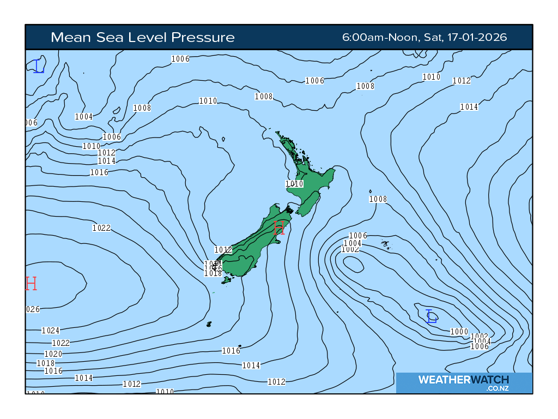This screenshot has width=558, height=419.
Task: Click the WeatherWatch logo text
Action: pyautogui.click(x=463, y=380)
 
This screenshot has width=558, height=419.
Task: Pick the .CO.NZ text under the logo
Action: pyautogui.click(x=498, y=389)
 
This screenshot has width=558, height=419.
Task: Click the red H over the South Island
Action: pyautogui.click(x=279, y=228)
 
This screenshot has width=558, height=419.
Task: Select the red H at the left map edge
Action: pyautogui.click(x=31, y=284)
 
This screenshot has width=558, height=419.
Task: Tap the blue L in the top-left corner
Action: pyautogui.click(x=39, y=67)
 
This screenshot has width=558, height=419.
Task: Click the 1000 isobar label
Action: pyautogui.click(x=459, y=332)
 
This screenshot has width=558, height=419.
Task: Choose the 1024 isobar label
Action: pyautogui.click(x=51, y=331)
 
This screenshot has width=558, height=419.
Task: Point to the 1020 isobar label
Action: pyautogui.click(x=53, y=354)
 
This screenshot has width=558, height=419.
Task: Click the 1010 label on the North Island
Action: pyautogui.click(x=294, y=184)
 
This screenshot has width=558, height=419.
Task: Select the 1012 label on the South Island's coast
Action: pyautogui.click(x=223, y=250)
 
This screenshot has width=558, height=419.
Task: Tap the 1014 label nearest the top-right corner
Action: pyautogui.click(x=469, y=107)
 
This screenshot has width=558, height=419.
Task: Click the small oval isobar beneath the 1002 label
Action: pyautogui.click(x=354, y=265)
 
